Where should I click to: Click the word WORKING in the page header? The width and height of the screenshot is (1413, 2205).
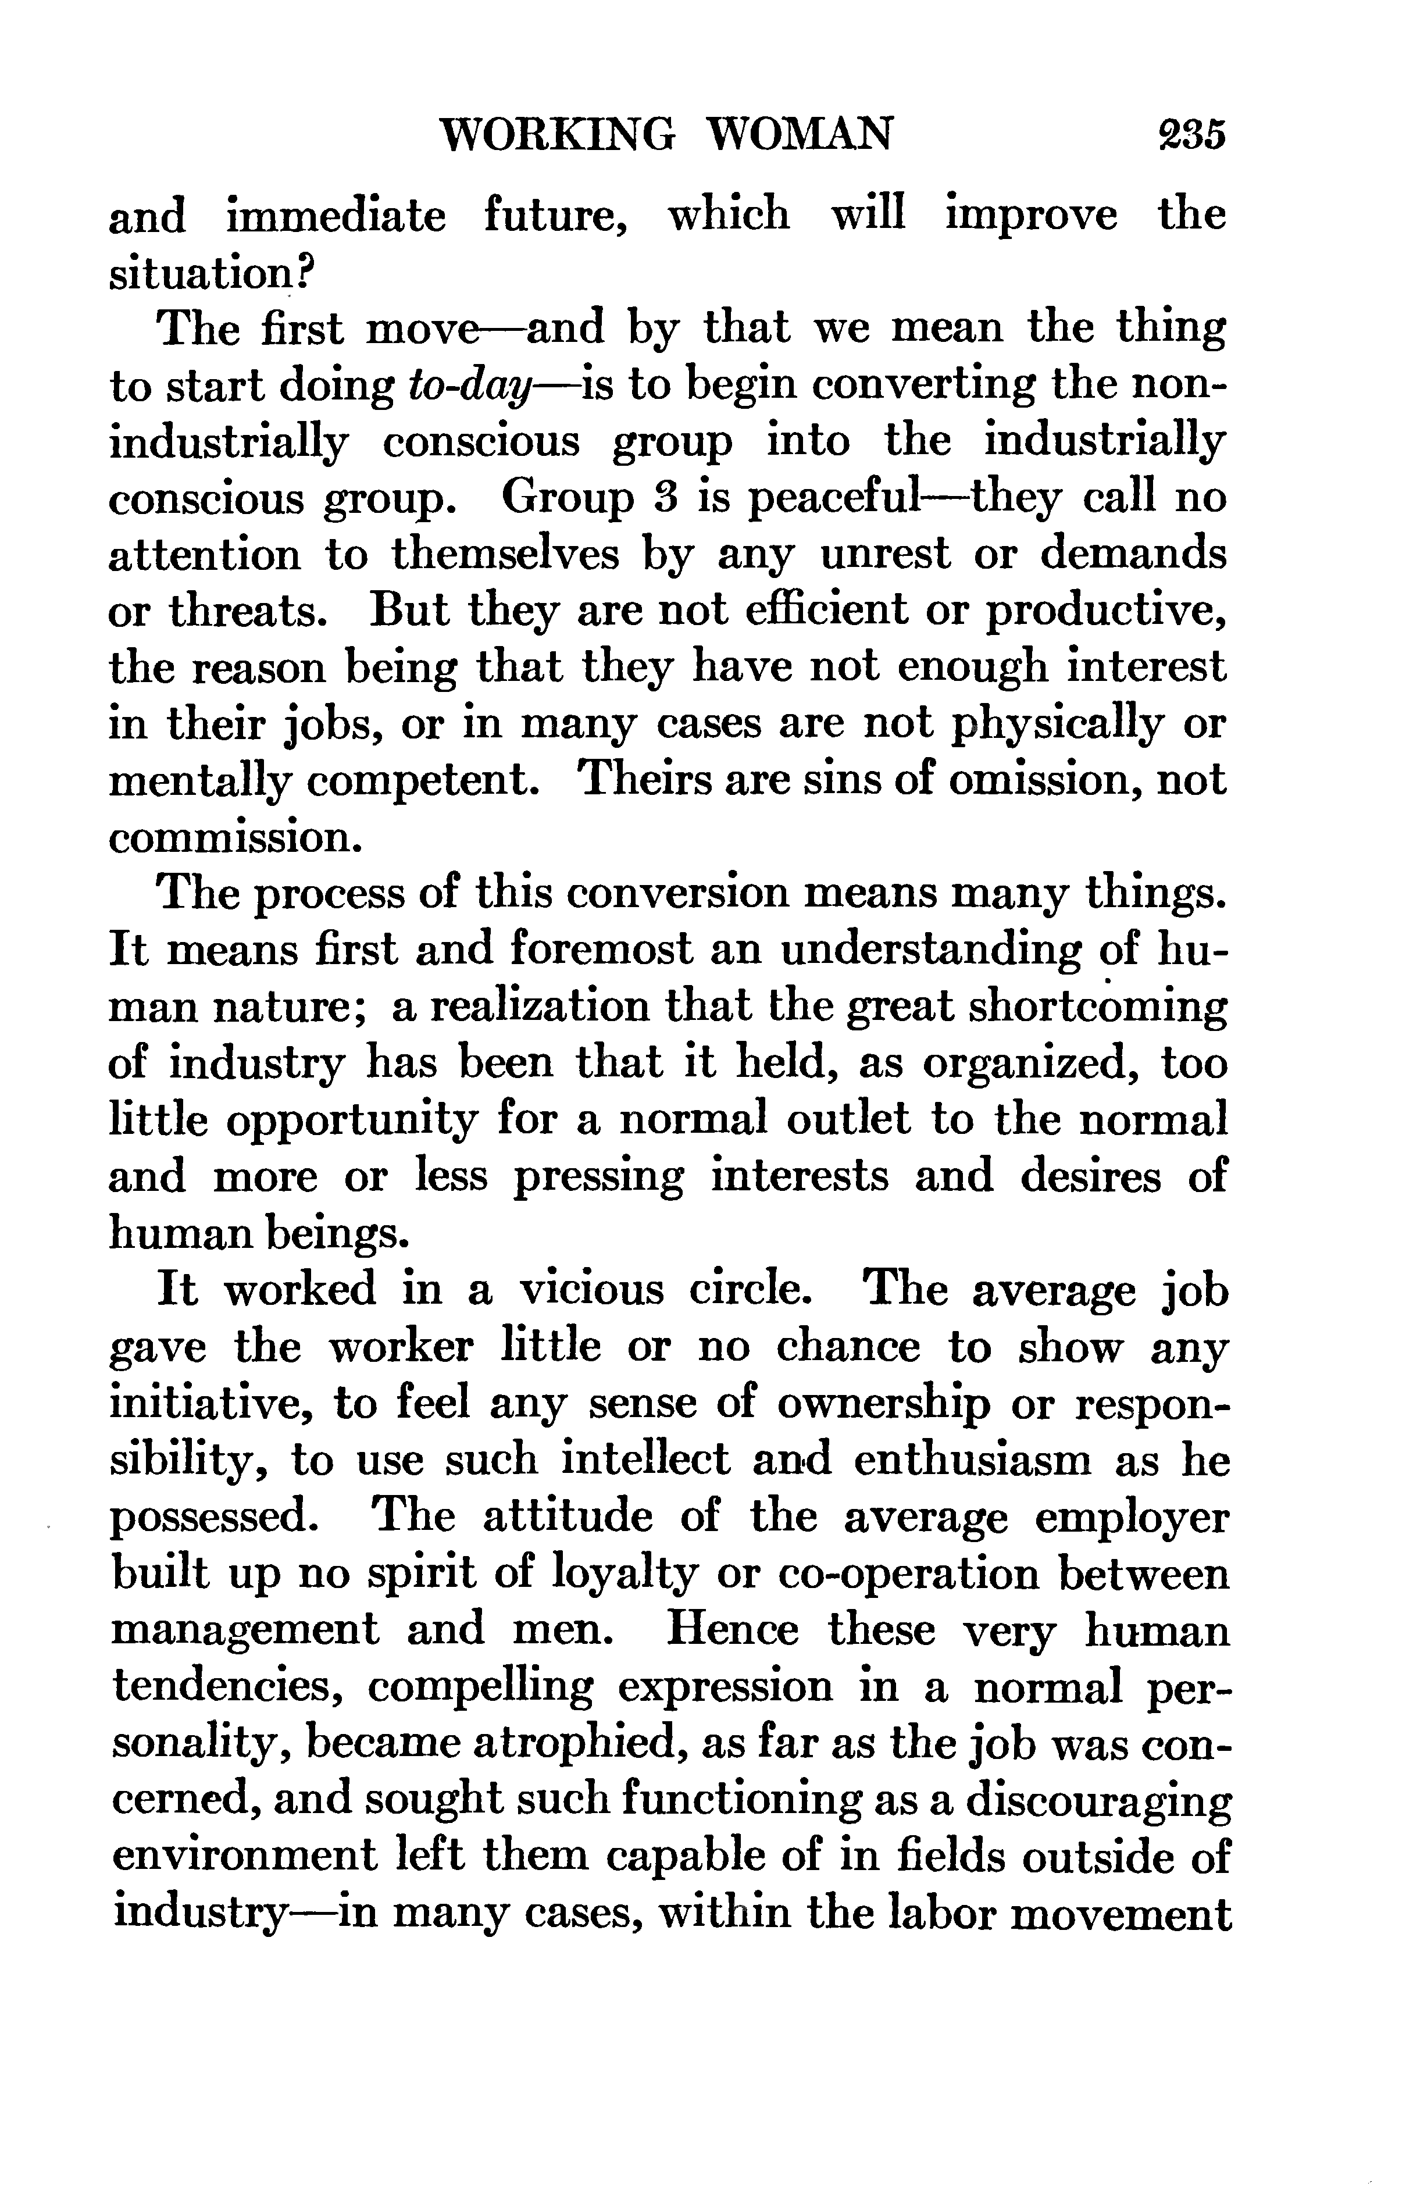(558, 135)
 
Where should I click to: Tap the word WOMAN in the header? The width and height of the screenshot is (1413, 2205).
(800, 135)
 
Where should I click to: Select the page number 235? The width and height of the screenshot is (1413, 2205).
(1191, 135)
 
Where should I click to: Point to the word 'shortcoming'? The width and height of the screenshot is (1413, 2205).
(1097, 1007)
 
